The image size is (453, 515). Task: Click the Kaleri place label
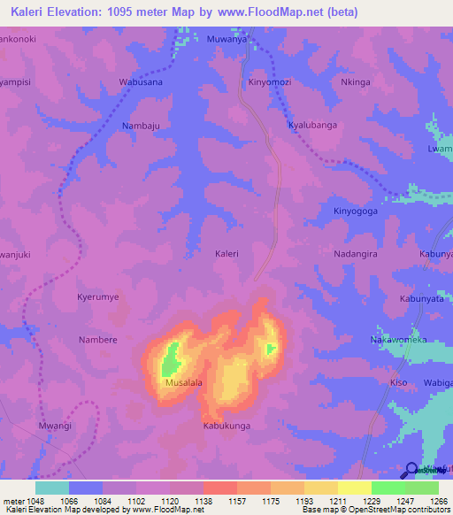point(226,254)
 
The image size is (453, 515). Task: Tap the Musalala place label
point(184,383)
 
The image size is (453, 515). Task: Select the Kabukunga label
point(226,426)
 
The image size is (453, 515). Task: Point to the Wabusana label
point(142,82)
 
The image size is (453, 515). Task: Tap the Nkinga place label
point(354,82)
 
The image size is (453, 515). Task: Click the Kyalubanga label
point(313,126)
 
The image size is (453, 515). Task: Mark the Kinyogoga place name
point(355,211)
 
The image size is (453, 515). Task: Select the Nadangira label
point(357,254)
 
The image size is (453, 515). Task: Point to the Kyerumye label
point(97,297)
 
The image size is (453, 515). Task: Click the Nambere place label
point(97,340)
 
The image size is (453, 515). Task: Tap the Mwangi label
point(55,426)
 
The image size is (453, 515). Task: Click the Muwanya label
point(225,40)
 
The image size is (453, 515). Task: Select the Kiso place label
point(399,382)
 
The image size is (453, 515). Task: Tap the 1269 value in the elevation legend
point(439,500)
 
